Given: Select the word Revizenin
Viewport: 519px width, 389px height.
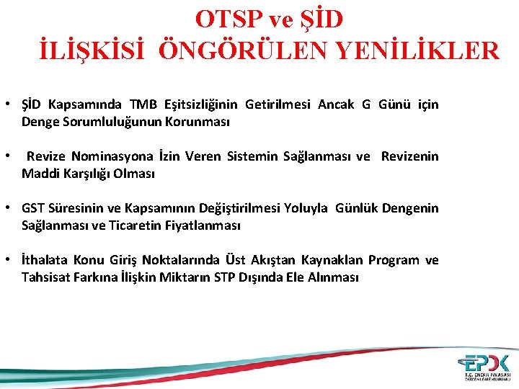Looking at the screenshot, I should point(409,156).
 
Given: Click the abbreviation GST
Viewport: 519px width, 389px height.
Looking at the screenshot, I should point(33,208).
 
